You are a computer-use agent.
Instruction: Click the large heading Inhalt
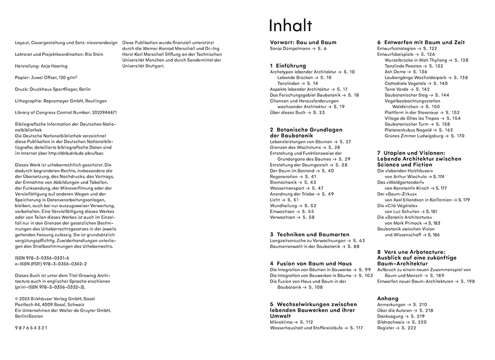coord(290,25)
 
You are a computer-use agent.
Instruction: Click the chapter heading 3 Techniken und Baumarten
coord(310,235)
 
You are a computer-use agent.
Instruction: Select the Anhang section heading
coord(388,298)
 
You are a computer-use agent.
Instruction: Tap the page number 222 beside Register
coord(411,328)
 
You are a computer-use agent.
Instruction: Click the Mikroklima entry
coord(284,322)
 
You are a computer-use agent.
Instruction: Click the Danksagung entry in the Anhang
coord(393,316)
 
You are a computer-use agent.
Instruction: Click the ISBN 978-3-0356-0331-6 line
coord(43,258)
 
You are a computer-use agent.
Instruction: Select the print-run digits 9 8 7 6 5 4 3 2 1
coord(32,327)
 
